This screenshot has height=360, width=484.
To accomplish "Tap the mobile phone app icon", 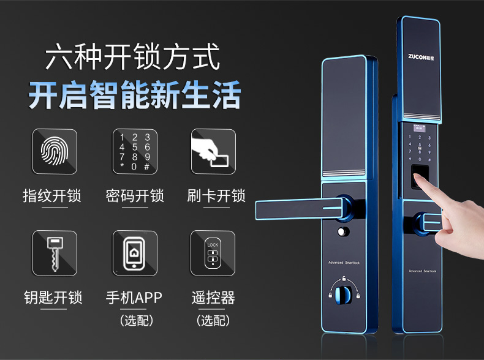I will tap(135, 253).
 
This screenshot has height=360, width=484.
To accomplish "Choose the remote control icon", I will tap(213, 253).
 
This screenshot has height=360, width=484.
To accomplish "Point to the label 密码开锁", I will tap(135, 196).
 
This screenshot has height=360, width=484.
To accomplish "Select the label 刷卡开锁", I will tap(216, 196).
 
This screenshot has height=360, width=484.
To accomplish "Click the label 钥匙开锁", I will tap(53, 298).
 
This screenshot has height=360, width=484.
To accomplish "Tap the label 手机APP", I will tap(134, 298).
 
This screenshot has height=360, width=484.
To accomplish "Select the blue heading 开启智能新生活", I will tap(135, 96).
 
